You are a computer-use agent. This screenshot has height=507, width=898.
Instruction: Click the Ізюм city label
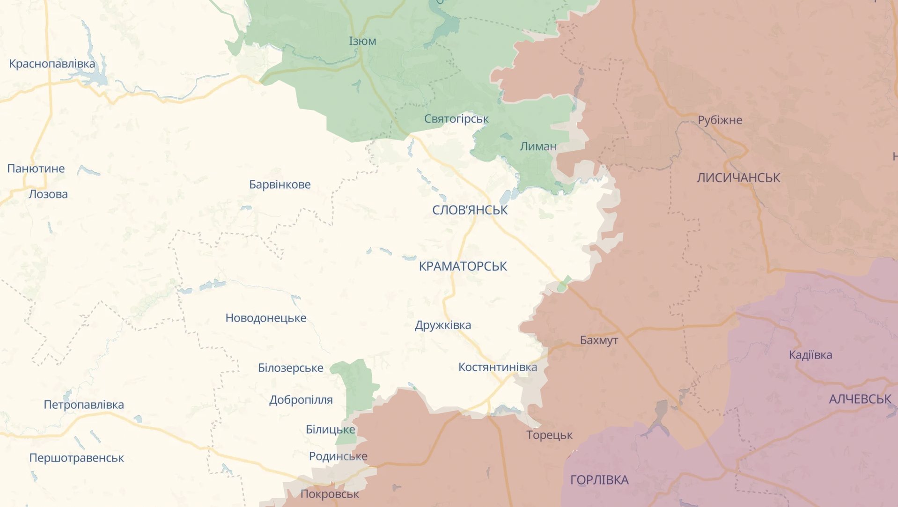coord(362,41)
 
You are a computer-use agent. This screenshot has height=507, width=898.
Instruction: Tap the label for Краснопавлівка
coord(52,64)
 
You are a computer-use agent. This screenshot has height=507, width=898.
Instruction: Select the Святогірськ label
coord(456,119)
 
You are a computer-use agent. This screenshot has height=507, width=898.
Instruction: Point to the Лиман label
coord(538,147)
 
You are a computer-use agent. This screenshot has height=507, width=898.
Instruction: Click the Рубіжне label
coord(720,120)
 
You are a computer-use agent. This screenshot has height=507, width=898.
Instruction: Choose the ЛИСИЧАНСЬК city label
coord(738,178)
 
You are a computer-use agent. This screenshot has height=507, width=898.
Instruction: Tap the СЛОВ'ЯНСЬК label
coord(470,210)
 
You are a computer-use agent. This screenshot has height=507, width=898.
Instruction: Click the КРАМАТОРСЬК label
coord(463,266)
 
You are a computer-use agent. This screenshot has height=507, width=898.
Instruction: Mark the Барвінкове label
coord(280,184)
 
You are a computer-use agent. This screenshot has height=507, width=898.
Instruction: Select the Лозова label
coord(48,194)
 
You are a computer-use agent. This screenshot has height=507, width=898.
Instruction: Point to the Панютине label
coord(36,169)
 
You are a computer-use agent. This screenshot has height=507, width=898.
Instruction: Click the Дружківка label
coord(442,325)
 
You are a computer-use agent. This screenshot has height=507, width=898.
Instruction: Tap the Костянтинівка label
coord(497,367)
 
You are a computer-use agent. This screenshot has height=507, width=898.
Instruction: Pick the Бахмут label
coord(599,340)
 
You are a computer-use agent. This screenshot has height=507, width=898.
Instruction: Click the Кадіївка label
coord(810,355)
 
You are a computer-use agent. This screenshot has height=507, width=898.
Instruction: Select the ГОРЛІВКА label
coord(599,480)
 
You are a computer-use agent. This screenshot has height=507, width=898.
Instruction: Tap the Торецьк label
coord(549,435)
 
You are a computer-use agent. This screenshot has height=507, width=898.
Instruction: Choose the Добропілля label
coord(301,400)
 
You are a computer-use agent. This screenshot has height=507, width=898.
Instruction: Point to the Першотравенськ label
coord(76,458)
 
